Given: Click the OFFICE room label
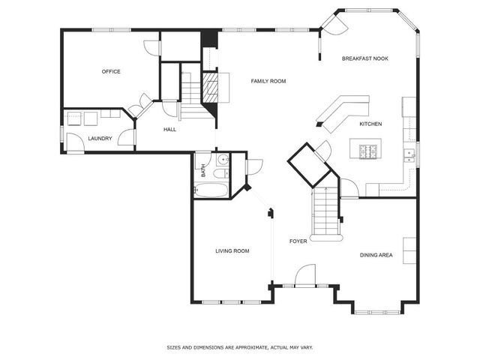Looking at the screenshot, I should click(111, 72).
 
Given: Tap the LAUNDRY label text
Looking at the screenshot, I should click(100, 139).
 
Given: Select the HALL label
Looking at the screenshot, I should click(170, 130).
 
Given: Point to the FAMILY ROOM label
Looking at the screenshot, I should click(268, 81).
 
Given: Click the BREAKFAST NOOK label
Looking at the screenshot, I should click(365, 58).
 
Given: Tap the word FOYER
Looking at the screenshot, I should click(298, 241).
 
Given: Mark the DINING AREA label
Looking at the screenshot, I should click(376, 256).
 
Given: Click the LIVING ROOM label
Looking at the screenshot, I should click(232, 251).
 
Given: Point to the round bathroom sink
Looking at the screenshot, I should click(223, 160).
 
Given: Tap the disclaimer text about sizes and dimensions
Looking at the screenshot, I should click(239, 347).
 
